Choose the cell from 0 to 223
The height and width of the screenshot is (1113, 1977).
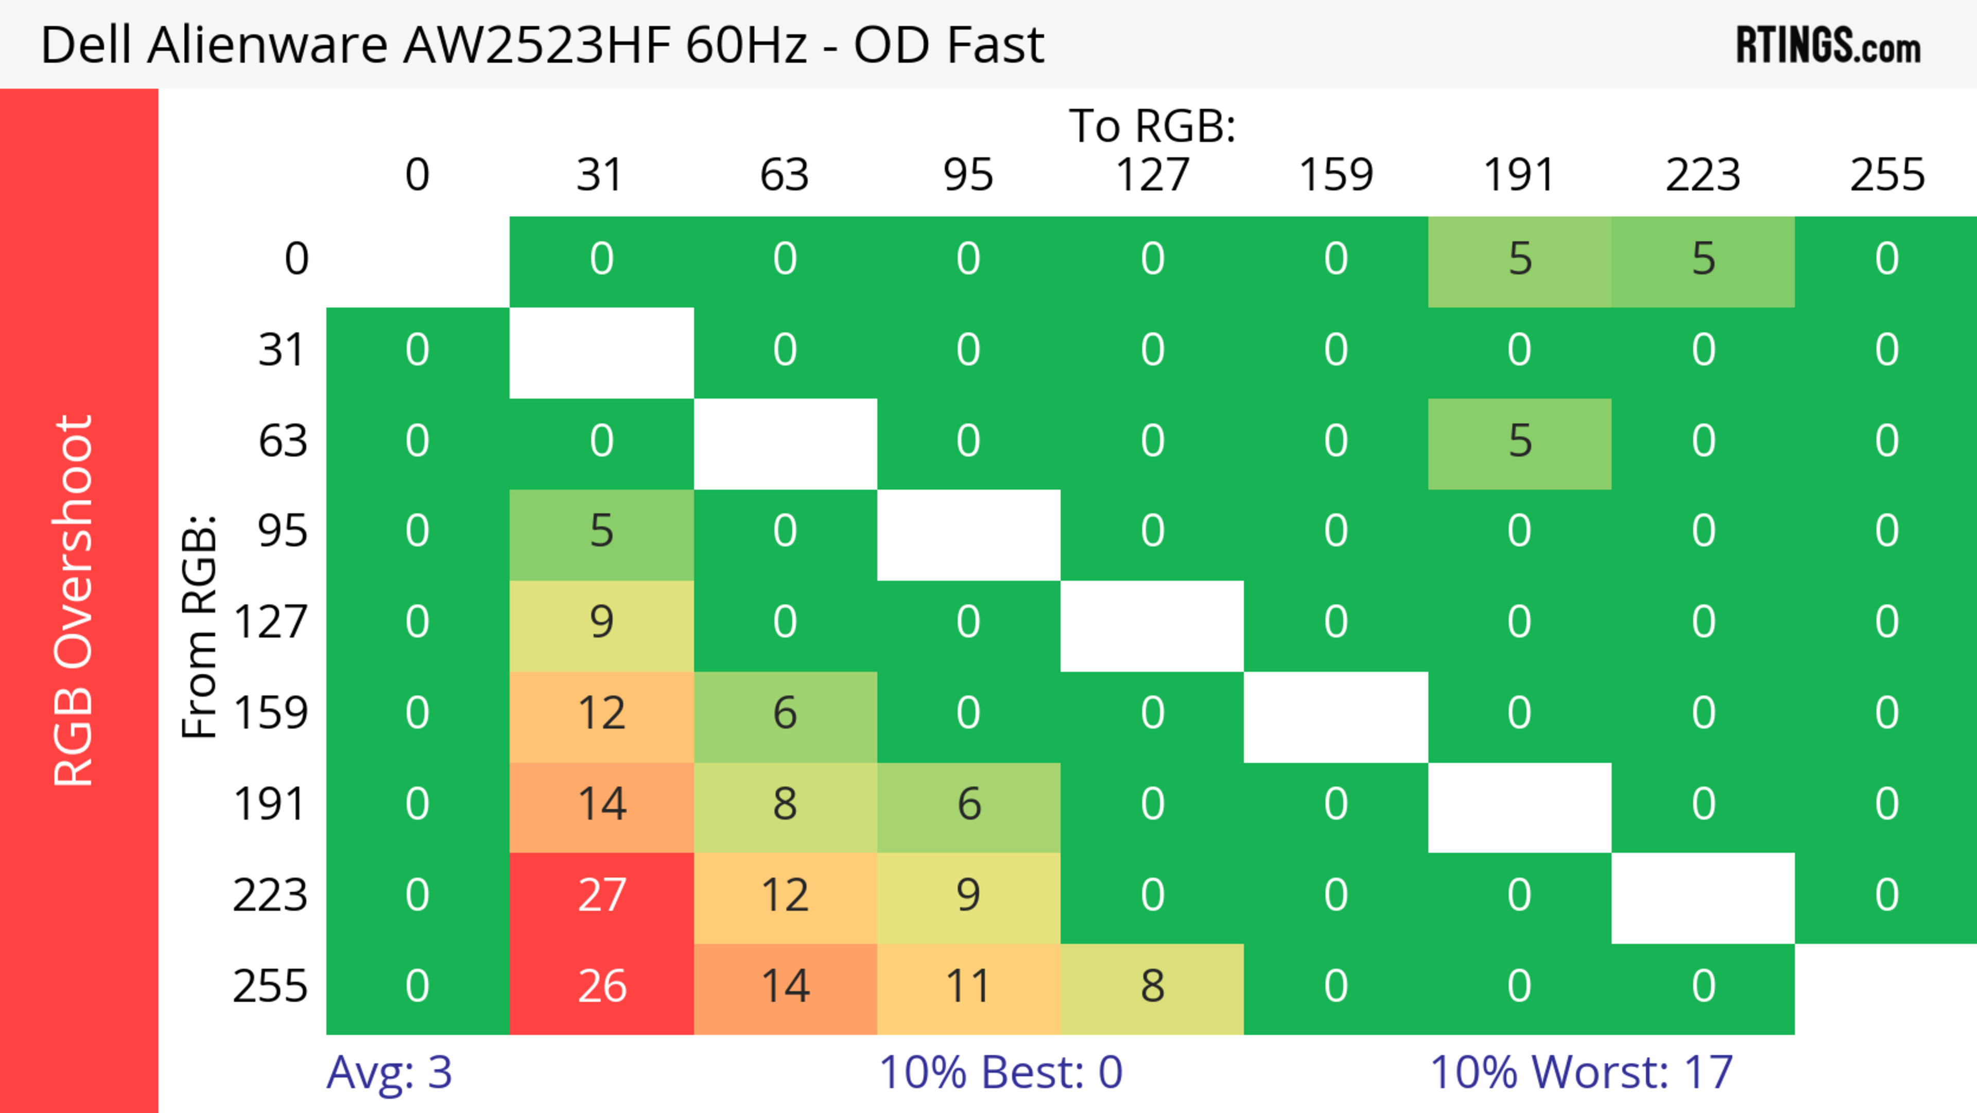click(x=1703, y=260)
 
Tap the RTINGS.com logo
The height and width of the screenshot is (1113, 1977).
click(x=1828, y=44)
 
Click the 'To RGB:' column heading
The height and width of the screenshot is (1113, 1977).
click(x=1152, y=126)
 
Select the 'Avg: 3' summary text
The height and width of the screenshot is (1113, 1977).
click(x=389, y=1072)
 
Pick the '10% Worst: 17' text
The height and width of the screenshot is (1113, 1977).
click(x=1581, y=1072)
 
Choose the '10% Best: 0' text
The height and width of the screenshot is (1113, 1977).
click(x=1000, y=1072)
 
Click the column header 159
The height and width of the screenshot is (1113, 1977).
click(x=1336, y=175)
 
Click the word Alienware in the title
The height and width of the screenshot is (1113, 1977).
click(x=267, y=44)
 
